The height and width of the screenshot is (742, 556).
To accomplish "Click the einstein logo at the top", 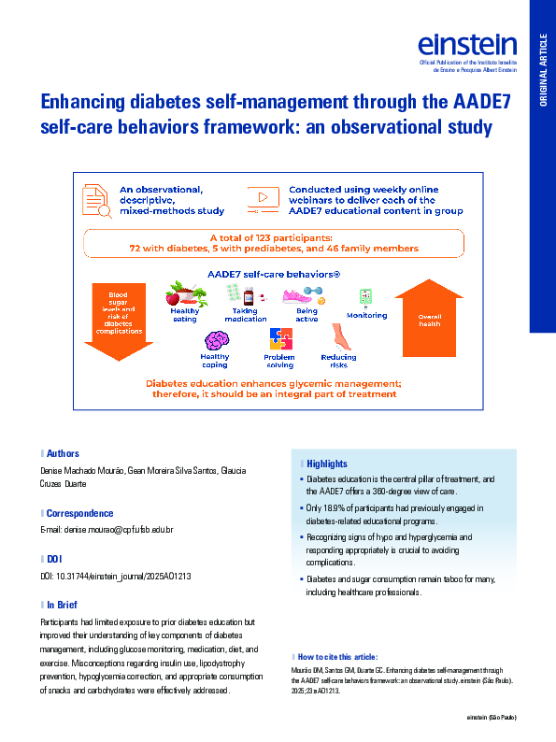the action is (x=467, y=45).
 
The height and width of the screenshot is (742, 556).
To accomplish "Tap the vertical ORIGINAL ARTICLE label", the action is (x=543, y=69).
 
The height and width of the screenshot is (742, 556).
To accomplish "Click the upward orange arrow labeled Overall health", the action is (x=429, y=318).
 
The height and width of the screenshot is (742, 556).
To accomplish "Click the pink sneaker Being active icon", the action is (x=305, y=294).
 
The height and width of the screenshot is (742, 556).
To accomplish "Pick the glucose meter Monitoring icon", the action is (x=365, y=298).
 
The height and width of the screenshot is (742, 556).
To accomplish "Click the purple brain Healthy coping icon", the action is (x=216, y=339).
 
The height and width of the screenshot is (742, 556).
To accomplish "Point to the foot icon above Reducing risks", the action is (x=339, y=338).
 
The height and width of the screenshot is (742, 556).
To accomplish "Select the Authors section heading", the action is (x=63, y=453).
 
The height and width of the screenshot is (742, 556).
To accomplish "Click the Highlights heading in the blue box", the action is (x=326, y=464).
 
